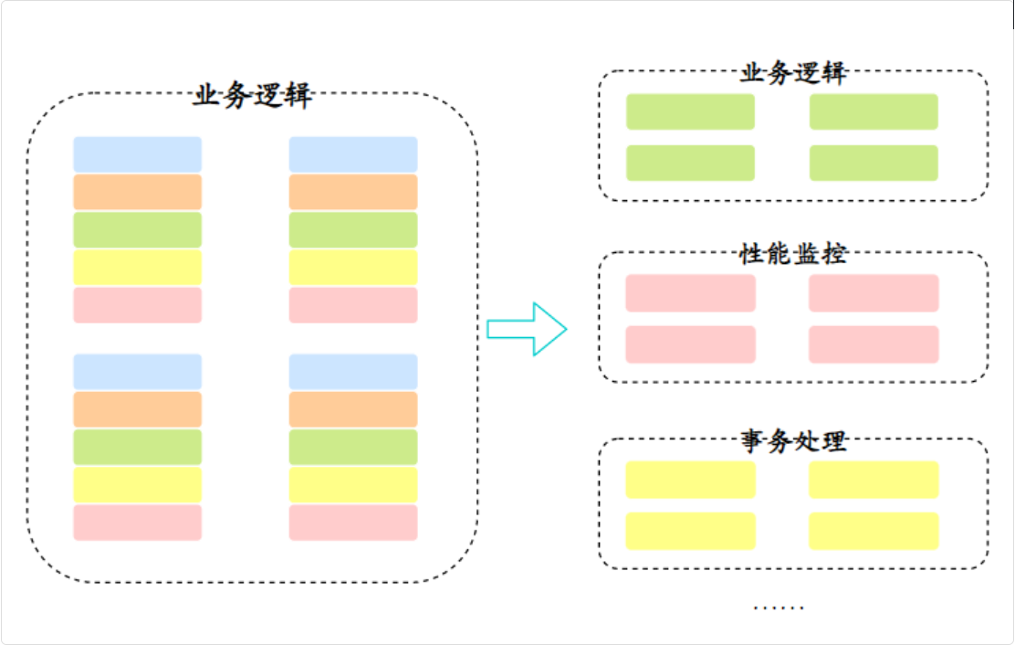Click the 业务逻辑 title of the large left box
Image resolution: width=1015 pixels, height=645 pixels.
(x=252, y=95)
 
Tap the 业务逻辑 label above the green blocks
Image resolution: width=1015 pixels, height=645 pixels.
(x=792, y=73)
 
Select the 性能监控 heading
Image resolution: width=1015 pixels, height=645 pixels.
(x=792, y=253)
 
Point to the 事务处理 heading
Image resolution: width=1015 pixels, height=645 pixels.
(x=792, y=442)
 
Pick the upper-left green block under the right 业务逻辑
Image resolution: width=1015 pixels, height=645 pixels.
(x=690, y=111)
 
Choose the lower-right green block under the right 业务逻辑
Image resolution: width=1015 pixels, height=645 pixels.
(x=874, y=163)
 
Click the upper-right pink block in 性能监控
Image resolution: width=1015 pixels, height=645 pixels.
(x=874, y=292)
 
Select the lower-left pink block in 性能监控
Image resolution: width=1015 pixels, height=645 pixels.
(x=690, y=344)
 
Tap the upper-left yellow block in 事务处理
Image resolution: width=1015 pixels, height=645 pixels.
(x=690, y=480)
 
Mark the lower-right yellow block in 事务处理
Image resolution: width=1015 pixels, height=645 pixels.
(x=874, y=531)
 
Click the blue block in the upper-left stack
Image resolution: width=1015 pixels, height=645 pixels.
(x=137, y=154)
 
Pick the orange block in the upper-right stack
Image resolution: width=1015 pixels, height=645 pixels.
(x=353, y=192)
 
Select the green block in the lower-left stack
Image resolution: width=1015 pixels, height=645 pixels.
(x=137, y=447)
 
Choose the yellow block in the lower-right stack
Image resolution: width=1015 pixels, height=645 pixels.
(x=353, y=484)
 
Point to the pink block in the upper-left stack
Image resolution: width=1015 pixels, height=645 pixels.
(x=137, y=305)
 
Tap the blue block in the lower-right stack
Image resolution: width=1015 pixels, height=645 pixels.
(x=353, y=372)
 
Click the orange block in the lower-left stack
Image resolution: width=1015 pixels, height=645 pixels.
(x=137, y=409)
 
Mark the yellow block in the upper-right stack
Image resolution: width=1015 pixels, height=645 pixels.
(x=353, y=267)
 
